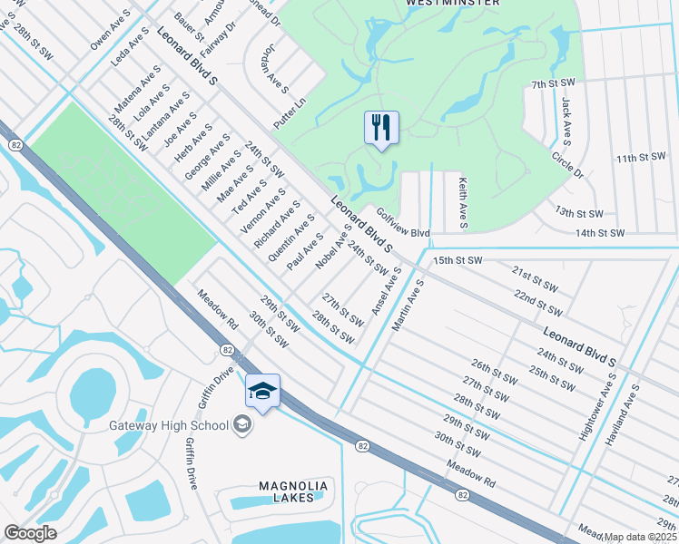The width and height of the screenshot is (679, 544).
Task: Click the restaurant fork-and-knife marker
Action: coord(381,127)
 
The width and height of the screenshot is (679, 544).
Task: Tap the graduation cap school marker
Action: coord(262,391)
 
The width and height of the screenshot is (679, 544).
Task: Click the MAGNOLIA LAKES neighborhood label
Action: coord(293,491)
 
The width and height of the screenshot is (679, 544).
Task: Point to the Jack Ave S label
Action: coord(566,121)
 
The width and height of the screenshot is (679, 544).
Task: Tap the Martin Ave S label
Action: coord(408,305)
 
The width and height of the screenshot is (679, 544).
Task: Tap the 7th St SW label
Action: coord(555,84)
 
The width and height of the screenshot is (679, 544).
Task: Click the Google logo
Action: coord(30,533)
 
